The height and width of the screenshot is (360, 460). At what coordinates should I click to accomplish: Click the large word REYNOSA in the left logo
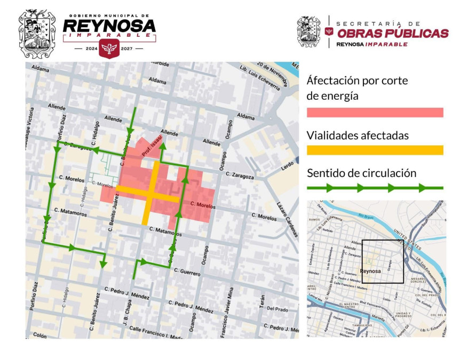pyautogui.click(x=109, y=26)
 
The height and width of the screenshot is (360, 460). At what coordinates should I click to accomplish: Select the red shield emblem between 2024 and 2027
pyautogui.click(x=109, y=49)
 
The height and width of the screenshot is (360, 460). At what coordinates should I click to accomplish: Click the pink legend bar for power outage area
pyautogui.click(x=375, y=113)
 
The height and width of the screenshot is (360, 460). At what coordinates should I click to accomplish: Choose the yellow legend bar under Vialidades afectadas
pyautogui.click(x=375, y=150)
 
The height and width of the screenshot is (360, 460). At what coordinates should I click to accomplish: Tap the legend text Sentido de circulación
pyautogui.click(x=361, y=173)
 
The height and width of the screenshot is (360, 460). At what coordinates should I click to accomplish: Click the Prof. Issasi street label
pyautogui.click(x=152, y=146)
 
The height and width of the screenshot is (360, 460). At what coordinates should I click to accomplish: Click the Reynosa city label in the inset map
pyautogui.click(x=370, y=271)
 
